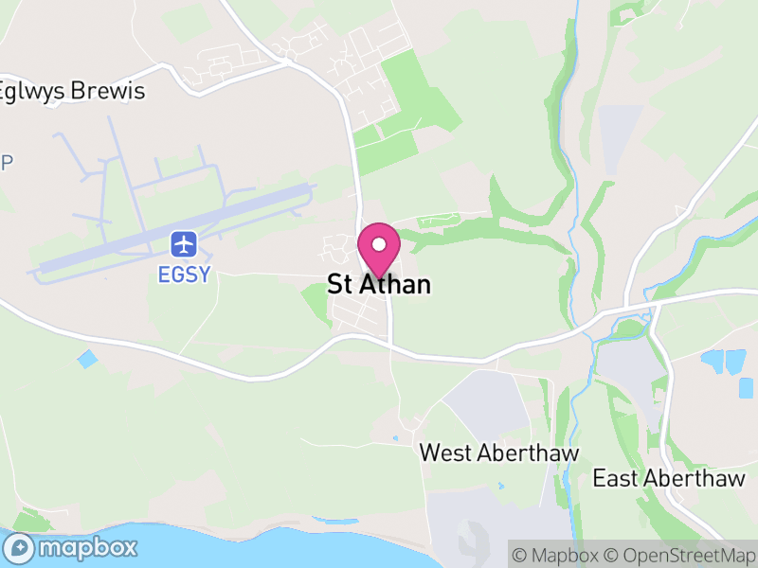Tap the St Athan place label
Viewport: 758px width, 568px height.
pyautogui.click(x=379, y=284)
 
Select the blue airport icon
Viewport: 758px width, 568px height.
pyautogui.click(x=184, y=244)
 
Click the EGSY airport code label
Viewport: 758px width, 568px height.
pyautogui.click(x=184, y=275)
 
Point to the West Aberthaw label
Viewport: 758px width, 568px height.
pyautogui.click(x=499, y=453)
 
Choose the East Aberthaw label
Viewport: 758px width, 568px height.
pyautogui.click(x=669, y=478)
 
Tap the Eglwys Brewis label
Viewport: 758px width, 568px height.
pyautogui.click(x=72, y=92)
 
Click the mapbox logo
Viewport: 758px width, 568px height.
pyautogui.click(x=70, y=548)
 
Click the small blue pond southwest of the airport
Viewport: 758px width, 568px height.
pyautogui.click(x=87, y=360)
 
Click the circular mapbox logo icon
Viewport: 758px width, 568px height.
pyautogui.click(x=20, y=548)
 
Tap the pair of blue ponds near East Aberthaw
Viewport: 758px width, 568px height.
pyautogui.click(x=723, y=361)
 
